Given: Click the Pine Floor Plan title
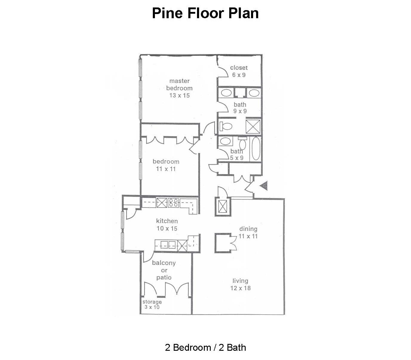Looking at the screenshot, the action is tap(205, 13).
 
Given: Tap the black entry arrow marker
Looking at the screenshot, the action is tap(264, 185).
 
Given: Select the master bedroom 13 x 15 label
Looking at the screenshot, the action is tap(180, 88).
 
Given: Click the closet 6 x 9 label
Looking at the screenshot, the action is tap(239, 71).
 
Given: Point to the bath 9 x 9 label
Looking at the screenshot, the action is tap(240, 108).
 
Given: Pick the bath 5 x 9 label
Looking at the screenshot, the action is tap(237, 154).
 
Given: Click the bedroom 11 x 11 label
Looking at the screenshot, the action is tap(166, 165).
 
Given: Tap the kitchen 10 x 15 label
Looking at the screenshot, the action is tap(167, 225).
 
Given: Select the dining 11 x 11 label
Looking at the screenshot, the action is tap(248, 233).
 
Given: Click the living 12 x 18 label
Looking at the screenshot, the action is tap(240, 285).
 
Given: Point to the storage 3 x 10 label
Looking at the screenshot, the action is tap(152, 305).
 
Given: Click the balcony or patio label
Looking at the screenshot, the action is tap(164, 270).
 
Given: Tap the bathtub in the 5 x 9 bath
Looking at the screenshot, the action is tap(256, 149).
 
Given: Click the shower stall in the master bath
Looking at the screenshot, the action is tap(253, 127).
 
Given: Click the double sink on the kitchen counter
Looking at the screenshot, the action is tap(168, 245).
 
